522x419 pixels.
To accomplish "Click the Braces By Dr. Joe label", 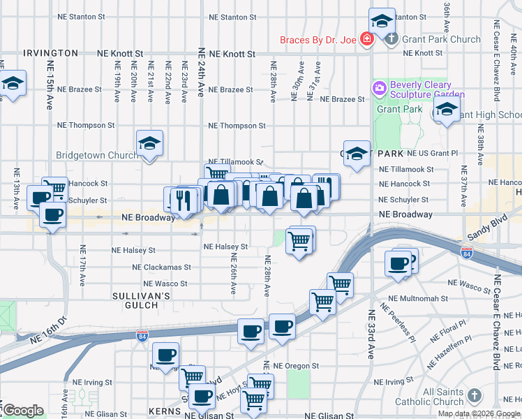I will click(318, 40).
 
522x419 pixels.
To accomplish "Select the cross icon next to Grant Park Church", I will click(392, 39).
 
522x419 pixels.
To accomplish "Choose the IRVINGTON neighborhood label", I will click(50, 53).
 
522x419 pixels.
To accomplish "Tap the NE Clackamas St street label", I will click(166, 267).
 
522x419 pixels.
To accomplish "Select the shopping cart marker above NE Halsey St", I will click(300, 240).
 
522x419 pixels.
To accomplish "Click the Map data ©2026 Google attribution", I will click(479, 413).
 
